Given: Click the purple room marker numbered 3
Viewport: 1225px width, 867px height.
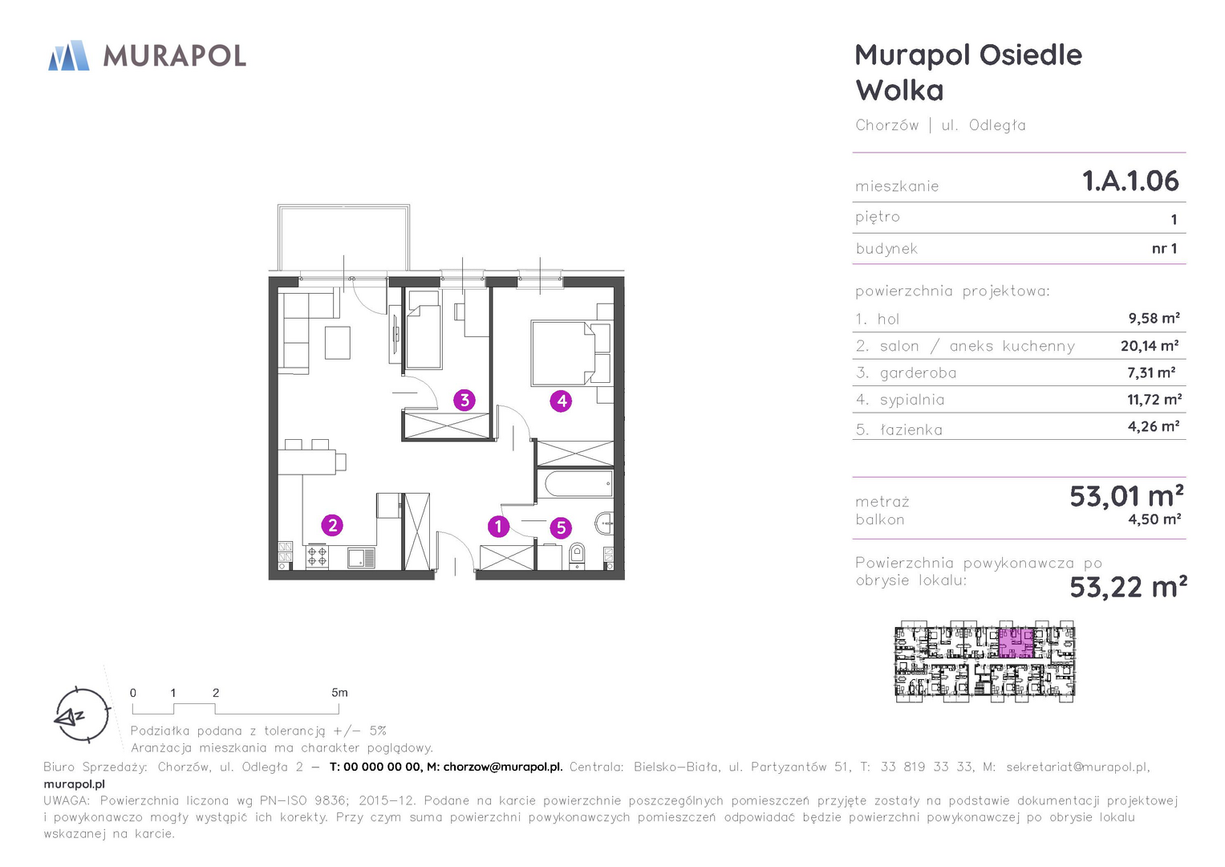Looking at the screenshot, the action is (x=464, y=400).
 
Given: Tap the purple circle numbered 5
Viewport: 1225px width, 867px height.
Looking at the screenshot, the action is (x=561, y=527).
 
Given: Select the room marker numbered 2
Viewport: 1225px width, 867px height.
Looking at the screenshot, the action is (x=332, y=526).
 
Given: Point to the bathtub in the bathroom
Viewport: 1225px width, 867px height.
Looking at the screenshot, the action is (x=578, y=484).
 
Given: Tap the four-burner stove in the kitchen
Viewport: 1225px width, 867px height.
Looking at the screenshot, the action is (x=317, y=556).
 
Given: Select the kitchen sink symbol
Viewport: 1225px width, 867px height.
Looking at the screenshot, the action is (x=361, y=558).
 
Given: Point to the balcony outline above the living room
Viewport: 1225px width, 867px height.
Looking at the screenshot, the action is (x=343, y=237).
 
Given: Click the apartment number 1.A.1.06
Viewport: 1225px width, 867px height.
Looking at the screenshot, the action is (x=1130, y=181).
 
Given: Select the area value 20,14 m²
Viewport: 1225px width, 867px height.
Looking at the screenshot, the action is (x=1150, y=345).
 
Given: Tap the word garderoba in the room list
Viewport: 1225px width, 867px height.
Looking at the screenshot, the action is (x=918, y=372).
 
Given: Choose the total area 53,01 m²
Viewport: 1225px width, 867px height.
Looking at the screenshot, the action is (x=1126, y=496).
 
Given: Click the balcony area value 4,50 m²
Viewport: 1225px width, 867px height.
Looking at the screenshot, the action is (x=1154, y=519).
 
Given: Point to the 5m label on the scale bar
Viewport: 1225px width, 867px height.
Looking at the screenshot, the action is (x=339, y=692).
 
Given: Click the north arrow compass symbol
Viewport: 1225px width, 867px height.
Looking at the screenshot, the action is (x=82, y=715).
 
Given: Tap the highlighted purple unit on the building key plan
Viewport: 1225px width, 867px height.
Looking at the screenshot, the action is (x=1016, y=643).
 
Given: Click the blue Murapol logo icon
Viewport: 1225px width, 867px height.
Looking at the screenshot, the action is (x=68, y=55).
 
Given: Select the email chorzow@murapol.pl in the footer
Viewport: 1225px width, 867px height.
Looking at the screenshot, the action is (x=502, y=767).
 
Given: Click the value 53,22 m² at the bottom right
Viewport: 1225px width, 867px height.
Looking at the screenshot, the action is (x=1128, y=587).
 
